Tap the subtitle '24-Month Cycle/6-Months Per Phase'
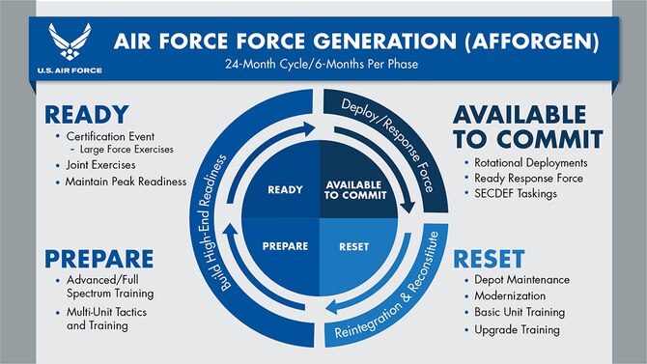coord(323,70)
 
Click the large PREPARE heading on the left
coord(86,258)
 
